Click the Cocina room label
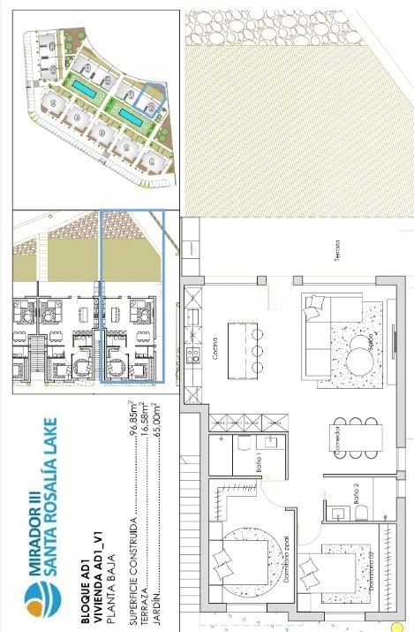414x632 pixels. coord(215,341)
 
